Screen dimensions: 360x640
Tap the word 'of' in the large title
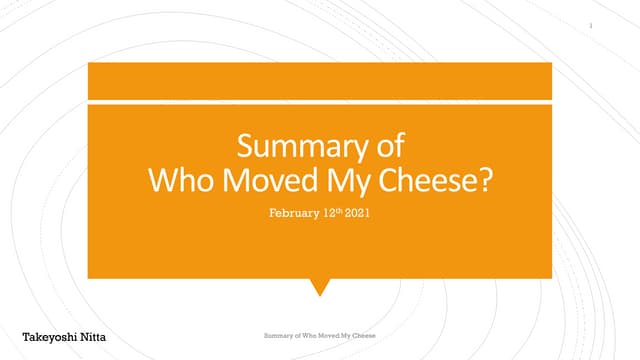coord(388,148)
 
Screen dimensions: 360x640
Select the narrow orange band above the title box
coord(319,80)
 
